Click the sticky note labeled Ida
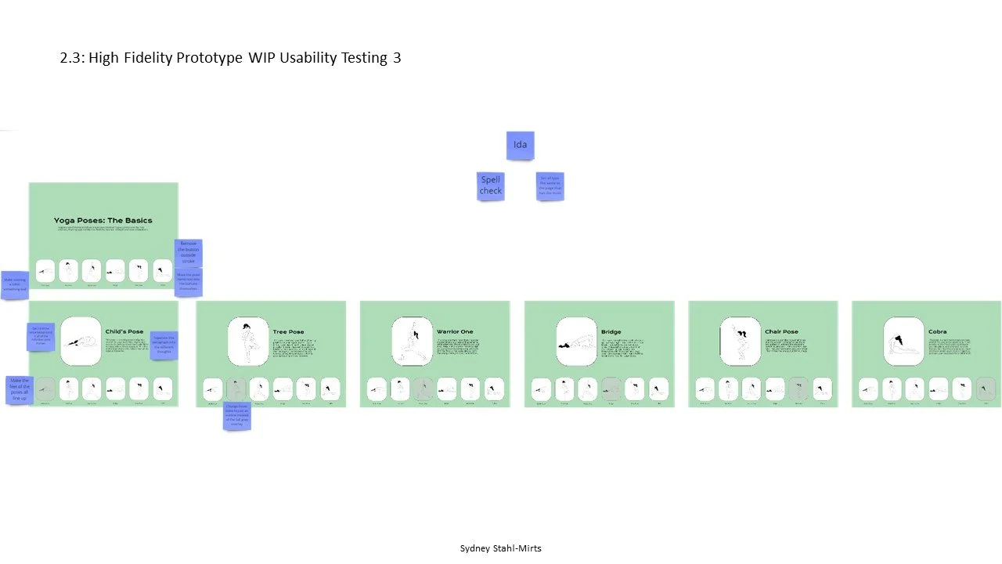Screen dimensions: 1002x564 click(x=520, y=145)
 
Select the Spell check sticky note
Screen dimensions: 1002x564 click(x=491, y=186)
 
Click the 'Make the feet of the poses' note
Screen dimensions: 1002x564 click(x=20, y=390)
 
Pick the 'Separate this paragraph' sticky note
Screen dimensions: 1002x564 click(x=164, y=345)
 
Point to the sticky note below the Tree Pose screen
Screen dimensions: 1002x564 click(x=236, y=416)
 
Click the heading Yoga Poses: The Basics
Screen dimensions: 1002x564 click(x=103, y=221)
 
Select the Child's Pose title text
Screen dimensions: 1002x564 click(x=124, y=331)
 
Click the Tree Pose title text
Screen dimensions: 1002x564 click(x=288, y=332)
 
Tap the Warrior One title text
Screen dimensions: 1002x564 click(x=455, y=332)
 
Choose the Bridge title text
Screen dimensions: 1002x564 click(x=611, y=332)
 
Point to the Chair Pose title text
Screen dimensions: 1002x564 click(x=781, y=332)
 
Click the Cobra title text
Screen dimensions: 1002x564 click(x=937, y=332)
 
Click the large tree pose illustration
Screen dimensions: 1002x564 click(x=248, y=342)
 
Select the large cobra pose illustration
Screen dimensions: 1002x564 click(x=903, y=342)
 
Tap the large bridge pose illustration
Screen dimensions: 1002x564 click(x=576, y=342)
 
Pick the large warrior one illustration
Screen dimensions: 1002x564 click(x=412, y=342)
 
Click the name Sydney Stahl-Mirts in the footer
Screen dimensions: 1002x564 click(x=500, y=548)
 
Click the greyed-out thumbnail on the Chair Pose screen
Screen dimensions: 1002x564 click(x=799, y=389)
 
